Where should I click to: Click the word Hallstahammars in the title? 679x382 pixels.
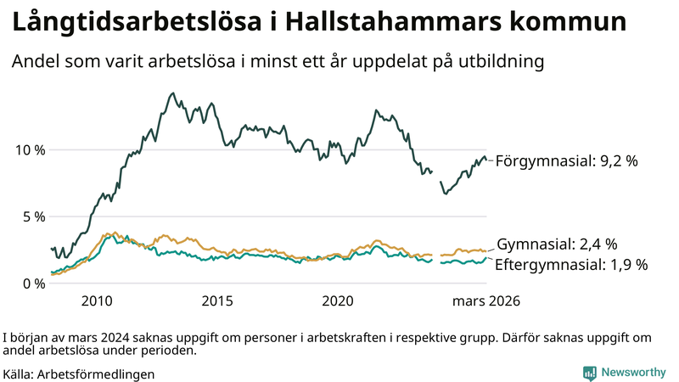pos(384,23)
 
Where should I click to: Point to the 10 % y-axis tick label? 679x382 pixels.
pos(31,150)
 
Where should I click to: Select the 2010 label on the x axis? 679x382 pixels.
pos(97,301)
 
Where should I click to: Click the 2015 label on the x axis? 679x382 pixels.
pos(217,301)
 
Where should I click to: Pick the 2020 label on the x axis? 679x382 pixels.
pos(338,301)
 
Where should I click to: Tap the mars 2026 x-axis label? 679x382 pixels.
pos(485,301)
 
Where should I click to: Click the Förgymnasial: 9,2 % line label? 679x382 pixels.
pos(566,160)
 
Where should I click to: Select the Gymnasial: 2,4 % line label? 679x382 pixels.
pos(557,244)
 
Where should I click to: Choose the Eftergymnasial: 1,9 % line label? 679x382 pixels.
pos(571,265)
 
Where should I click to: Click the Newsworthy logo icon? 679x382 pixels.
pos(589,373)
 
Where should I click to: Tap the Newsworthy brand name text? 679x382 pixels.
pos(633,373)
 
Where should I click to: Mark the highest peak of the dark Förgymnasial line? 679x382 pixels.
pos(173,93)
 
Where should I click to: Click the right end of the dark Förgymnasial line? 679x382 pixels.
pos(485,157)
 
